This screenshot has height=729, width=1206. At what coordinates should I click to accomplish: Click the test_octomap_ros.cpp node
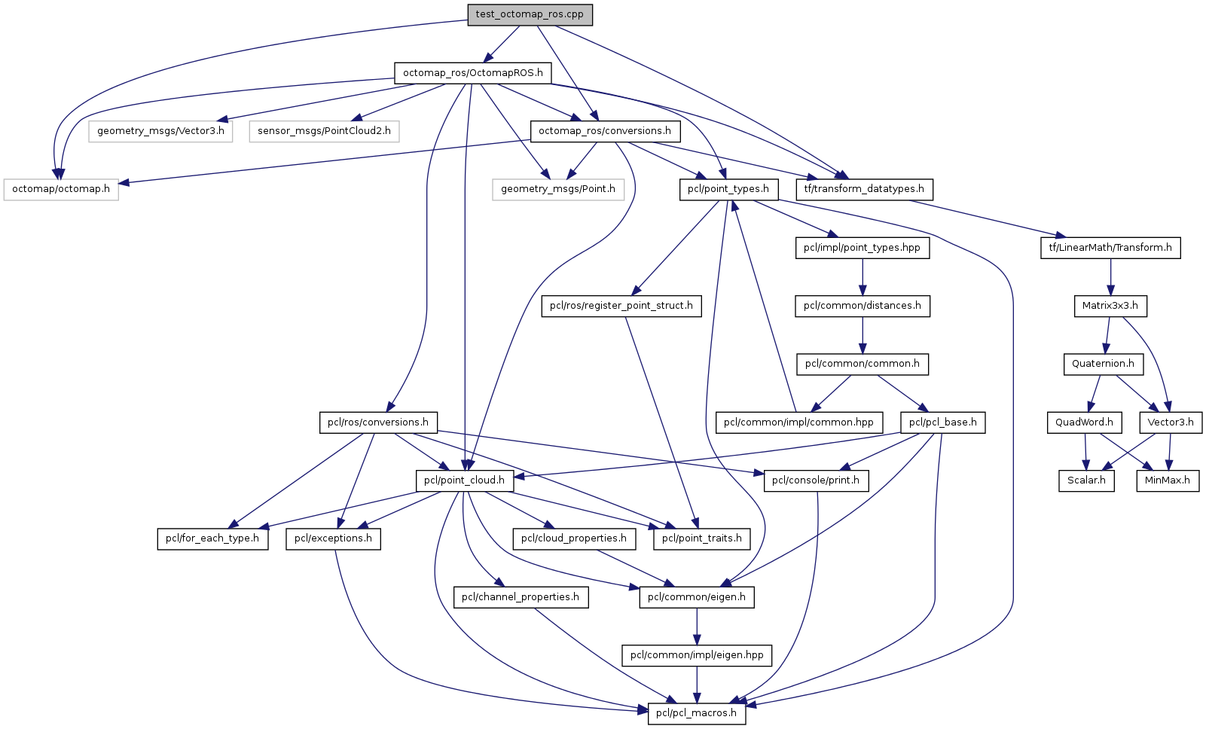coord(530,15)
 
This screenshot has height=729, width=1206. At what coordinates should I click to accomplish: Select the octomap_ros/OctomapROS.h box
coord(472,73)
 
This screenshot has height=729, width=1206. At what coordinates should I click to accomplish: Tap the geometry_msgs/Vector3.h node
coord(160,131)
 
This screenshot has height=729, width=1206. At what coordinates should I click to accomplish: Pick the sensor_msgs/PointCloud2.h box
coord(324,131)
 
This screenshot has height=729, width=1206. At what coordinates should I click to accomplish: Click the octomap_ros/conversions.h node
coord(606,131)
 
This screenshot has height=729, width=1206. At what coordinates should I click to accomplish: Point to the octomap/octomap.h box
coord(61,189)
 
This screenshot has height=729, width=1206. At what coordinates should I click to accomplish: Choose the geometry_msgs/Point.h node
coord(557,189)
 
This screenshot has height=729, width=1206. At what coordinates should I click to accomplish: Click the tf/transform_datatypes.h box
coord(864,189)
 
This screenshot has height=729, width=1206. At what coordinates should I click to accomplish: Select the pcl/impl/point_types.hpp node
coord(862,248)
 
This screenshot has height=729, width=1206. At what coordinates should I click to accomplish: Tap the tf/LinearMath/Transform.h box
coord(1110,248)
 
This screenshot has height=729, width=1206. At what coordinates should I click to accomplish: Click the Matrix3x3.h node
coord(1110,306)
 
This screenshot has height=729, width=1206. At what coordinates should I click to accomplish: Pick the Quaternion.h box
coord(1103,364)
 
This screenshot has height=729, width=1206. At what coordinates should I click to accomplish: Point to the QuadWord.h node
coord(1084,422)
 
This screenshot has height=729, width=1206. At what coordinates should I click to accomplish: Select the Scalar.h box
coord(1086,480)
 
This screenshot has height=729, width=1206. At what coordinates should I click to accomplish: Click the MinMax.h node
coord(1168,480)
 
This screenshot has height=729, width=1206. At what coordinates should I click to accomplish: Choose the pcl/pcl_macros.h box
coord(697,713)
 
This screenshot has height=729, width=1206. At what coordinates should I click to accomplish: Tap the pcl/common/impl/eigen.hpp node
coord(697,655)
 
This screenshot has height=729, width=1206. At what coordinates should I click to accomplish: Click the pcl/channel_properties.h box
coord(521,597)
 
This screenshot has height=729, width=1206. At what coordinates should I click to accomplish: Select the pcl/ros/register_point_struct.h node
coord(621,306)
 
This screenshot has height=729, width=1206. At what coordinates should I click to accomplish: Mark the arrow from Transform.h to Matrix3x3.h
coord(1110,276)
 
